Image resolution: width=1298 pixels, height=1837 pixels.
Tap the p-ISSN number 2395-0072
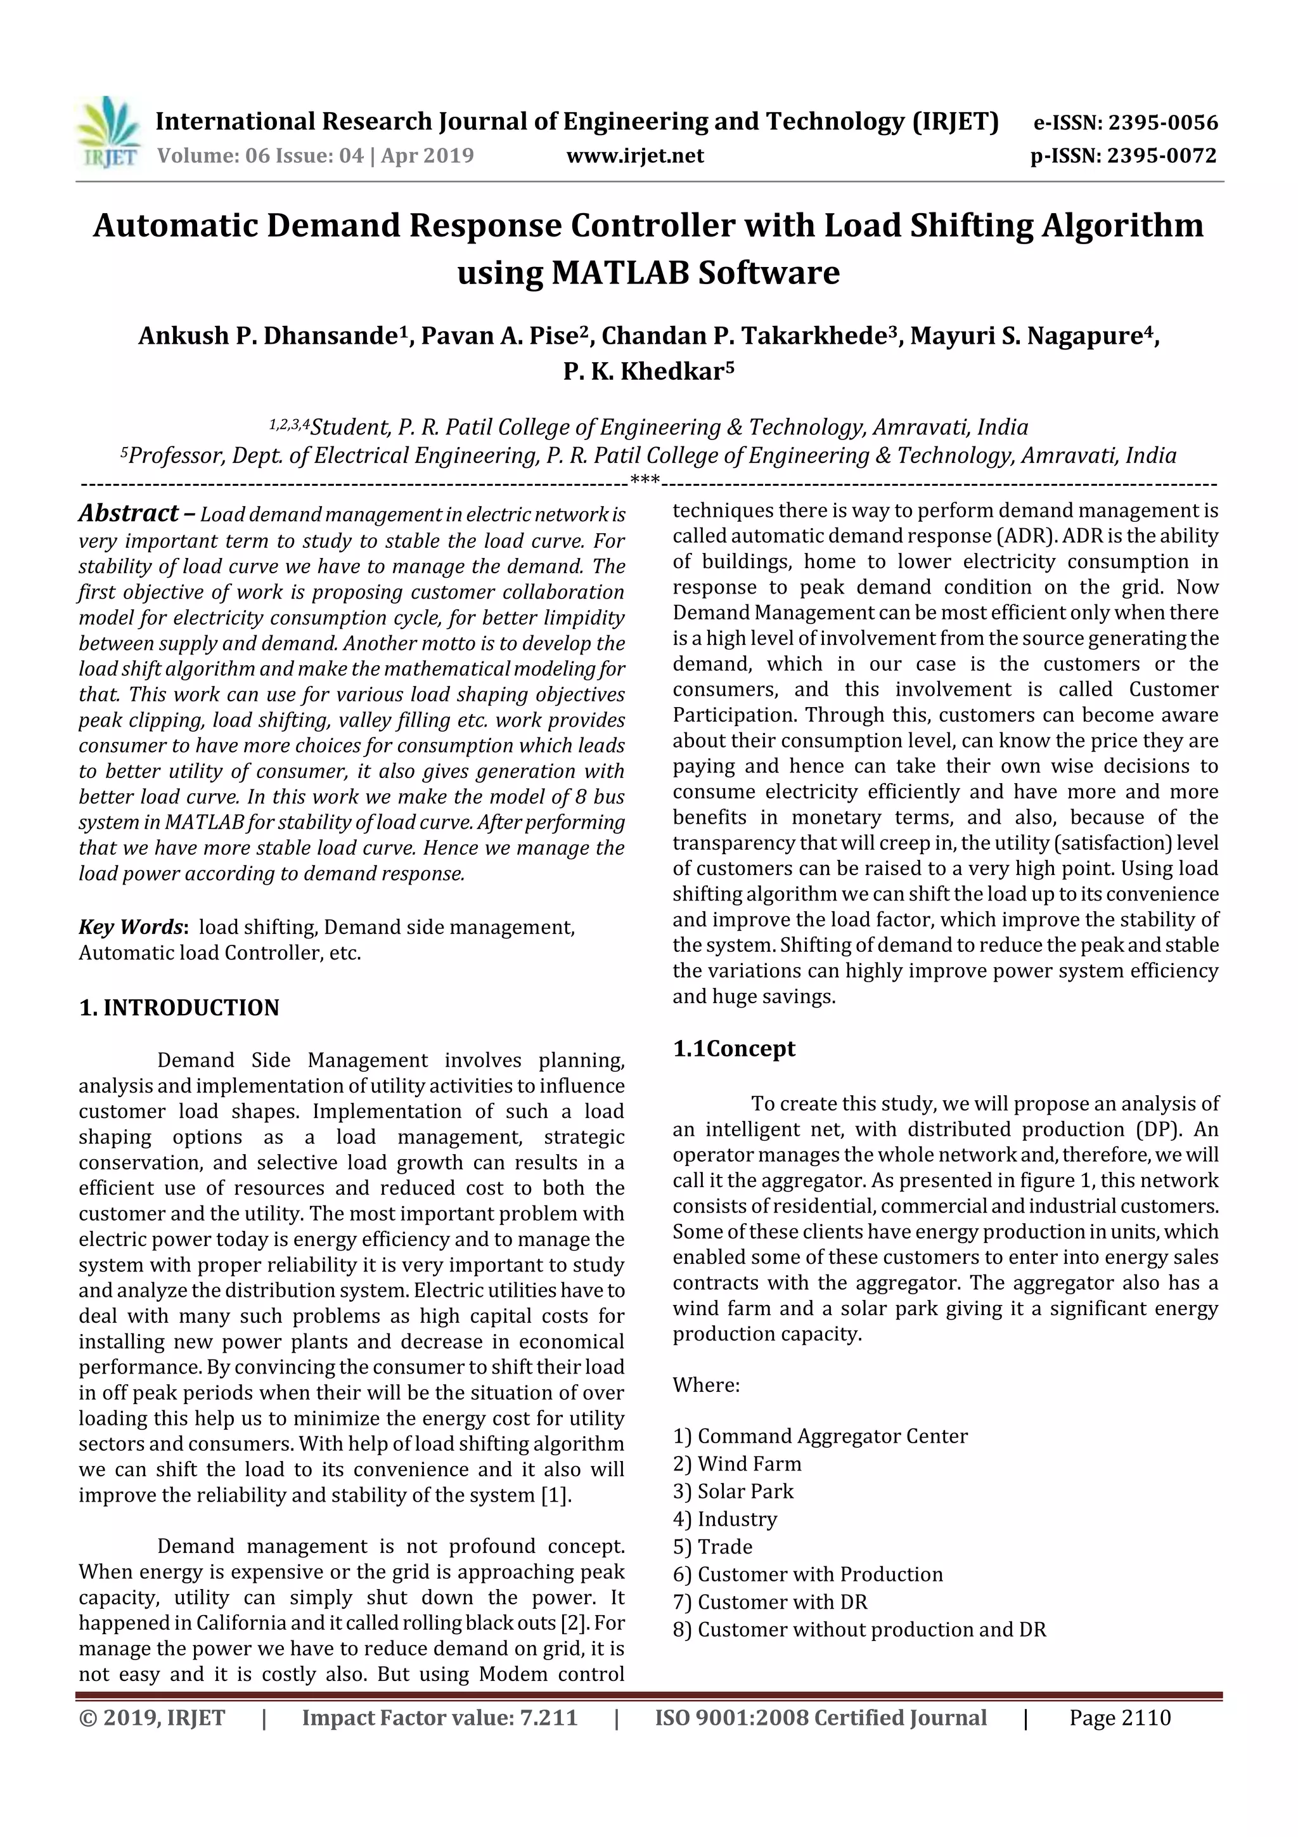1161,156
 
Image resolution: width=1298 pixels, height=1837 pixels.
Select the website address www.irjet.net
635,156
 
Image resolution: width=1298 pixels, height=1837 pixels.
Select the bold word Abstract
128,514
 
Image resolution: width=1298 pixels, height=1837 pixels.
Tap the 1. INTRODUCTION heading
179,1008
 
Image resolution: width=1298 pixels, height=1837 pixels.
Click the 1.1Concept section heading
733,1048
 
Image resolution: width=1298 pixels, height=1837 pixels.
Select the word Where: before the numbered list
705,1385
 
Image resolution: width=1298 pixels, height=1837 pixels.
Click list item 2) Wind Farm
736,1464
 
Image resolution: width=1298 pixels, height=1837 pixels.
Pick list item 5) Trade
712,1547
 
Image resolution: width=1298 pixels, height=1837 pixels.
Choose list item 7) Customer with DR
769,1602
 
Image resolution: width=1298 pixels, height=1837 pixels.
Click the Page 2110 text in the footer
1120,1718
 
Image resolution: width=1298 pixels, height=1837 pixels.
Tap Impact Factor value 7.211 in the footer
439,1718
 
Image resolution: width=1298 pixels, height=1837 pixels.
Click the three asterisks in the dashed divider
645,481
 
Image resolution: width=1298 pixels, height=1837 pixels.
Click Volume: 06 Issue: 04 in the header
260,156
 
